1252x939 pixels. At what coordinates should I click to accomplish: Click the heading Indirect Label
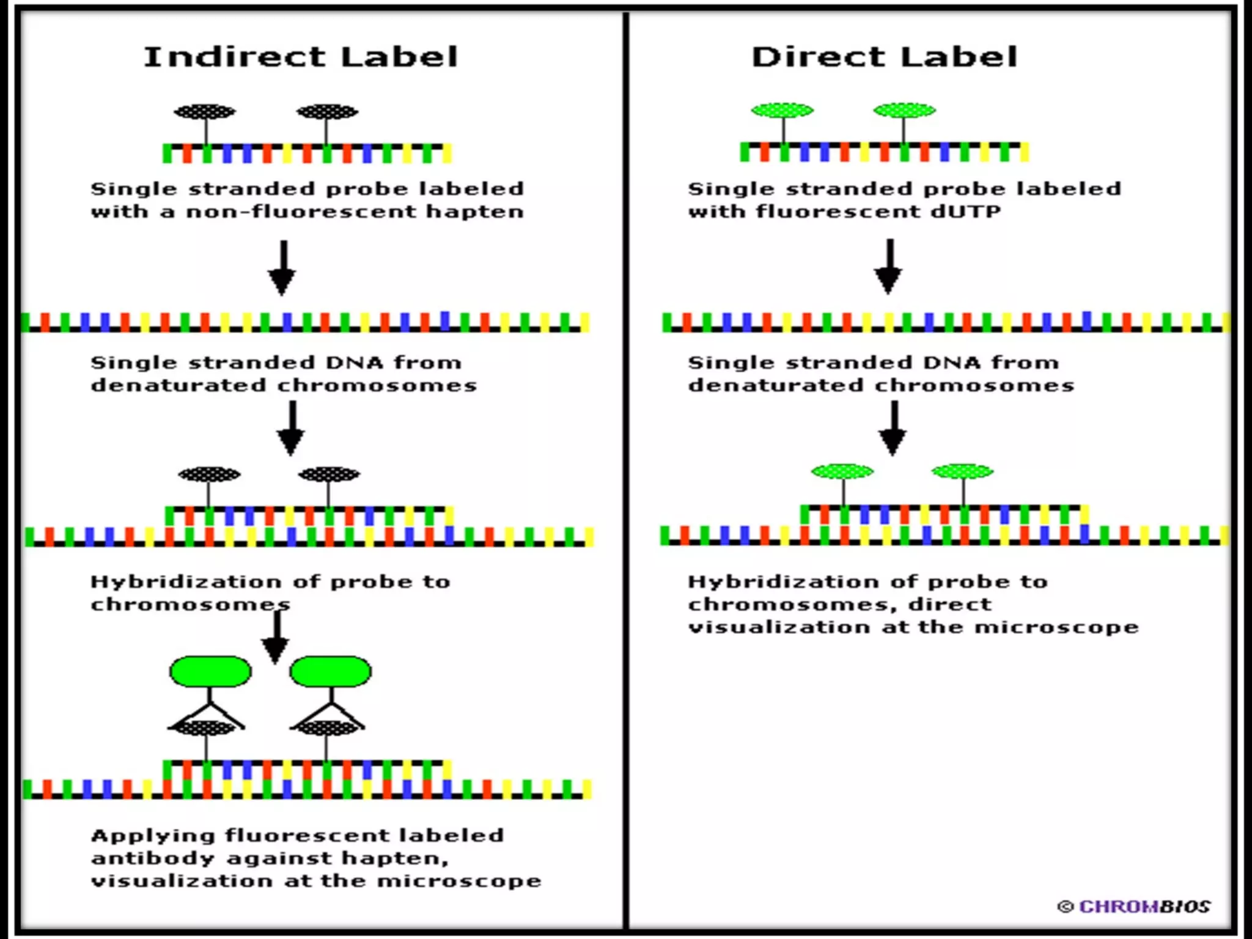(300, 57)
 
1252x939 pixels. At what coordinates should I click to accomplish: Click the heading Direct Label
(884, 57)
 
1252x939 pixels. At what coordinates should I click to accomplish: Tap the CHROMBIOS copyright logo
(1135, 906)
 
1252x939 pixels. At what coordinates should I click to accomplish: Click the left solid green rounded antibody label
(210, 671)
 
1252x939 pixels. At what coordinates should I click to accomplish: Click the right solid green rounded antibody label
(330, 671)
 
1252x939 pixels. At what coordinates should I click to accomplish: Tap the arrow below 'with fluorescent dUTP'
(889, 267)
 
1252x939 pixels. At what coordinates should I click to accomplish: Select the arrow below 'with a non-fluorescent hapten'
(283, 268)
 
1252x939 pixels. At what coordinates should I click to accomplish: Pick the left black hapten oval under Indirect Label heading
(205, 112)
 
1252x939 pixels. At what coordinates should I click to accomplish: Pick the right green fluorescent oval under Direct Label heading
(904, 111)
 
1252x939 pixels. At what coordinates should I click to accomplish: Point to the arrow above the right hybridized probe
(893, 428)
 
